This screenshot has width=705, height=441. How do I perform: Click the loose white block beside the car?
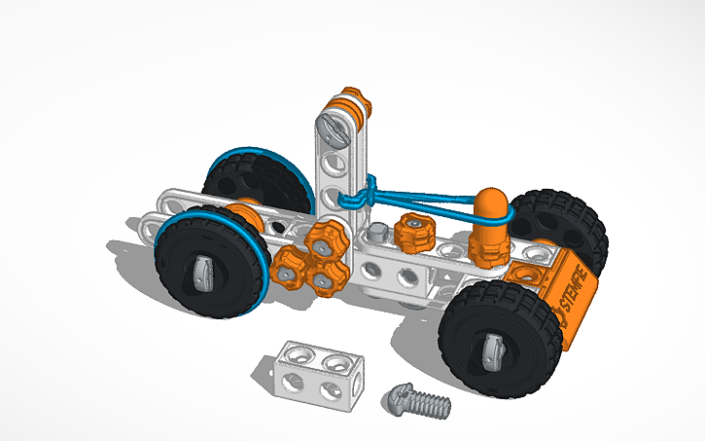point(316,371)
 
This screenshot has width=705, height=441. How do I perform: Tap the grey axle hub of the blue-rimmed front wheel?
point(205,272)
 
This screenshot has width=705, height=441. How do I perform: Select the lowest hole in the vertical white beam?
point(332,201)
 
